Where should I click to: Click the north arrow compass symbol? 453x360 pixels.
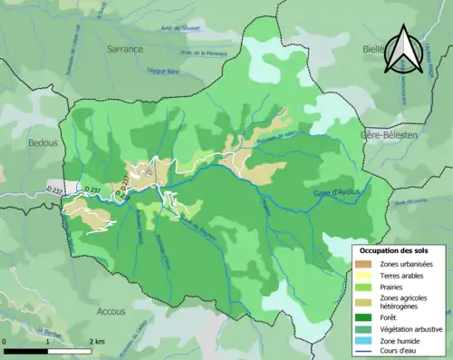(402, 50)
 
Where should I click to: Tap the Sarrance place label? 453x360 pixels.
(125, 49)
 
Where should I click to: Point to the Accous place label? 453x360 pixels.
(111, 310)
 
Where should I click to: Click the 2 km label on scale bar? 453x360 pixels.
(97, 341)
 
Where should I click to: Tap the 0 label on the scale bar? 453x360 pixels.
(5, 341)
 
